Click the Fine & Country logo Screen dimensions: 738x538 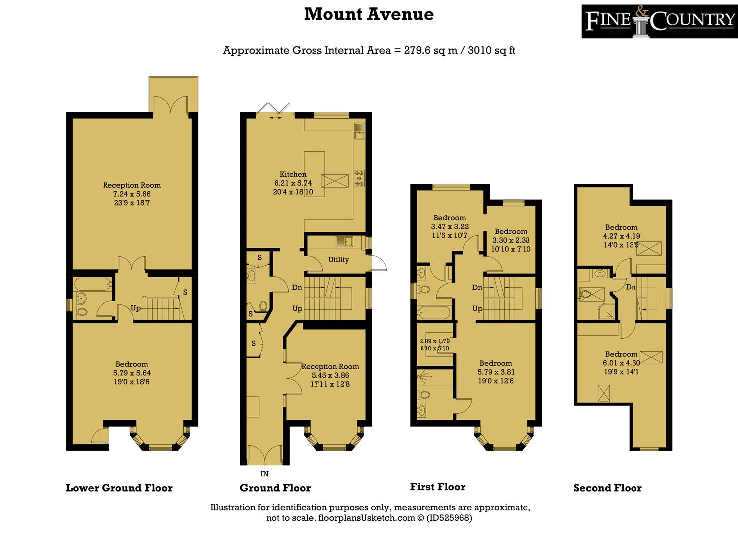659,21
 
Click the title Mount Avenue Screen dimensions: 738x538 369,14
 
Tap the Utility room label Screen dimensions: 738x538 338,260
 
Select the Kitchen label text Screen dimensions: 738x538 293,174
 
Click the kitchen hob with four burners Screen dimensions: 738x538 359,178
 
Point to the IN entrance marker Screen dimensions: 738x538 264,474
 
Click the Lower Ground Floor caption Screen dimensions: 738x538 119,488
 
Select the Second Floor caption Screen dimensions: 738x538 608,488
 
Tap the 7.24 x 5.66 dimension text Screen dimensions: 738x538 132,194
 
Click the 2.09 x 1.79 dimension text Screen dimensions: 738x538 434,341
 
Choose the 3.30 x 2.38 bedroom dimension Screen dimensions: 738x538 511,240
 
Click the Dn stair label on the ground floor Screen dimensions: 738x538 297,287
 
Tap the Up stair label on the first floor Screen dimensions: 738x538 477,309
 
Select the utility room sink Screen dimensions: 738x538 344,242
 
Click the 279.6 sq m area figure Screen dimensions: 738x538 430,50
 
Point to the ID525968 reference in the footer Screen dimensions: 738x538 449,518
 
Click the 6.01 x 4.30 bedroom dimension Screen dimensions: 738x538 621,363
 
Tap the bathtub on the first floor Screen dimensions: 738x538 433,312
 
